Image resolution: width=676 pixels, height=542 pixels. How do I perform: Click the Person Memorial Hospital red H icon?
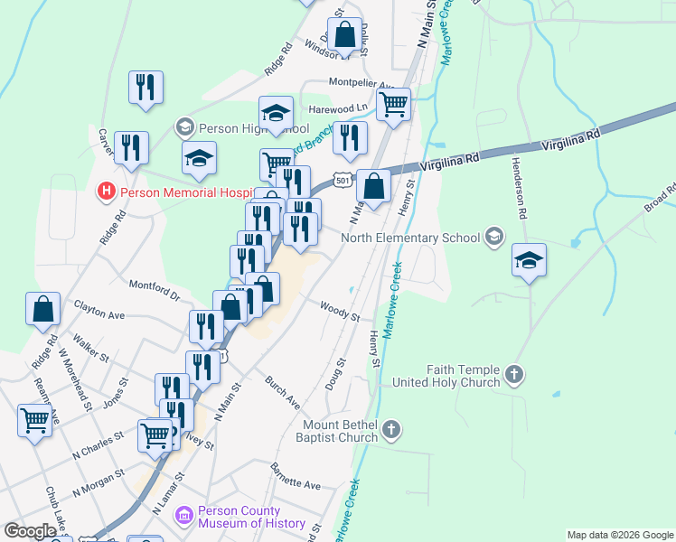pos(107,192)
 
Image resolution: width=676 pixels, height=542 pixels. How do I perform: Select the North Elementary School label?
pos(410,238)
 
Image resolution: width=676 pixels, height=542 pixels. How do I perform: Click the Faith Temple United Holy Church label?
pos(446,376)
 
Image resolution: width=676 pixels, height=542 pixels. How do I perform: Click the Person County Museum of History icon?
pos(184,516)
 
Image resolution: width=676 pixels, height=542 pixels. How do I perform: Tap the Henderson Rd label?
pos(521,187)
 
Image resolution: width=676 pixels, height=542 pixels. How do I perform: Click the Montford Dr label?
pos(155,290)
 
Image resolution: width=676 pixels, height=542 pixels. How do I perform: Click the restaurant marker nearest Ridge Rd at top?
pos(146,86)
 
